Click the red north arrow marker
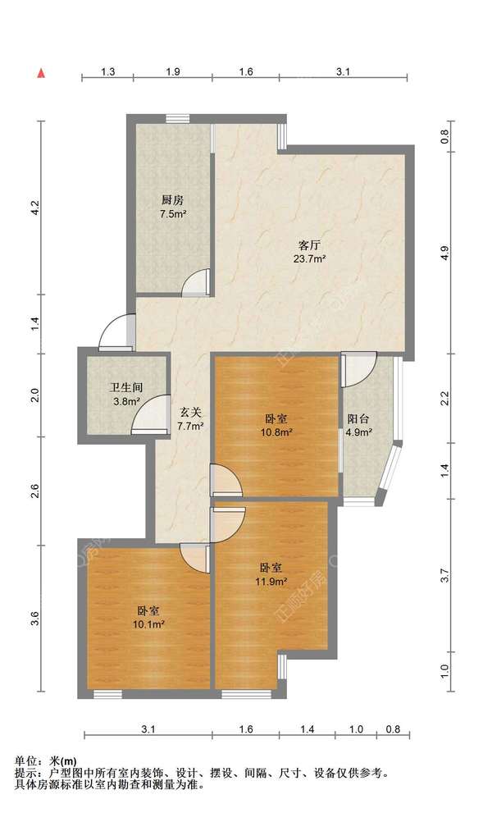click(39, 73)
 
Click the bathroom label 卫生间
click(126, 389)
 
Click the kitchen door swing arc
click(195, 281)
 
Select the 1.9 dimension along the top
click(173, 72)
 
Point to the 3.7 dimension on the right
click(444, 575)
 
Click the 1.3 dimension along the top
click(107, 72)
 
